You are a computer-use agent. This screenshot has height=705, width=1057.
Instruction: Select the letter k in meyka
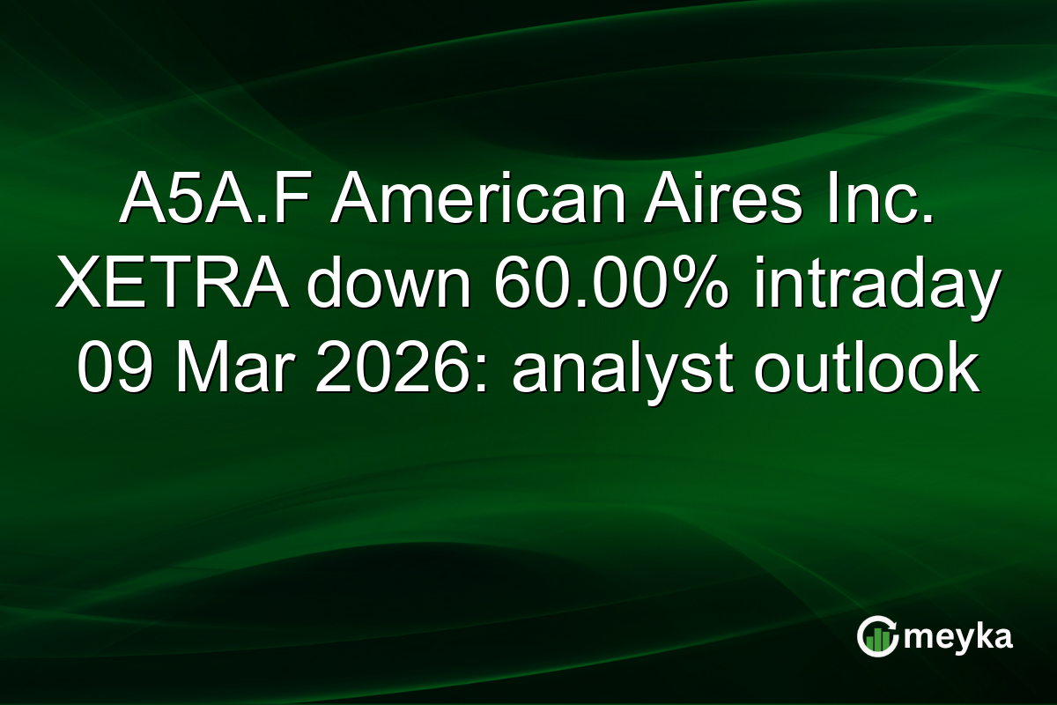click(979, 636)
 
